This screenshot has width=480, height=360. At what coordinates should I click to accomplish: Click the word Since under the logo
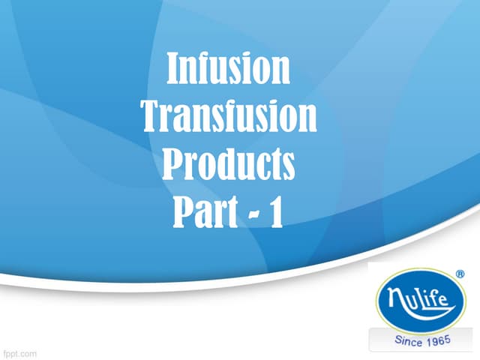(x=409, y=341)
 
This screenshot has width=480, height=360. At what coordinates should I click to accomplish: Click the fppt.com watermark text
(x=19, y=352)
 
